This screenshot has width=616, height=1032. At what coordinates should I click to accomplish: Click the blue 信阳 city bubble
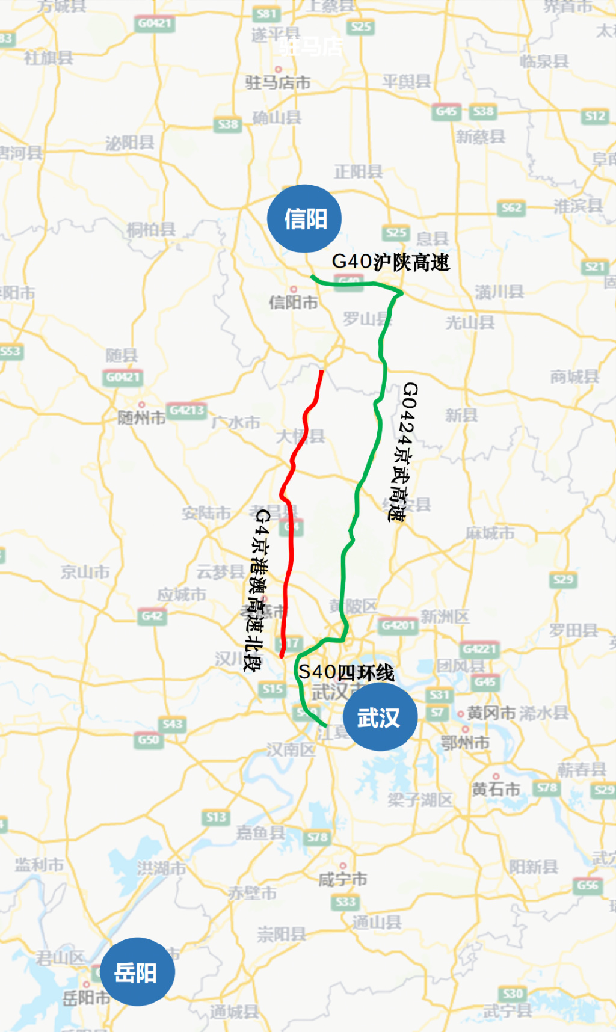point(305,219)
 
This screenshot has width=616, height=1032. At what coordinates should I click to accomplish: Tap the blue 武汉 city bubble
point(380,717)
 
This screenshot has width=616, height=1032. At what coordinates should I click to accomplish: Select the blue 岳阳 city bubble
point(137,972)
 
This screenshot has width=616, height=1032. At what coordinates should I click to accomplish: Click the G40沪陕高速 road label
point(390,262)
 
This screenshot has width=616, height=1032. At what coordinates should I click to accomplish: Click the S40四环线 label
point(346,672)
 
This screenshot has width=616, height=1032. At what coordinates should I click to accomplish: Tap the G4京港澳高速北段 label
point(258,589)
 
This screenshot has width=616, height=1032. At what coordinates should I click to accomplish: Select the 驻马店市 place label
point(277,82)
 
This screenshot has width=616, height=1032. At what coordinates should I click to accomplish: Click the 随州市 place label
point(141,417)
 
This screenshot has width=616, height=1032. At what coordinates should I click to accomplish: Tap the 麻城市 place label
point(490,533)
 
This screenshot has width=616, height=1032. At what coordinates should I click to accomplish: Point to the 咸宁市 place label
point(342,879)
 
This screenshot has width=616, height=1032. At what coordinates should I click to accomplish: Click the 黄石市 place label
point(496,789)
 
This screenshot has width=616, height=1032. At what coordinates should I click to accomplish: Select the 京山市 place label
point(85,572)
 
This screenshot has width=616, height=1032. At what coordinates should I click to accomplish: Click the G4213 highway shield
point(187,410)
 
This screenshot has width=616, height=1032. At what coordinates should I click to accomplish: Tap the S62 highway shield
point(511,208)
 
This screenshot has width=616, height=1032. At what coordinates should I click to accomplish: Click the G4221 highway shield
point(479,649)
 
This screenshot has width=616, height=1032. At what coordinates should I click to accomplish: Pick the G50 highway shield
point(149,739)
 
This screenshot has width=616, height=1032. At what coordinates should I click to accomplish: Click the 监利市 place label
point(40,865)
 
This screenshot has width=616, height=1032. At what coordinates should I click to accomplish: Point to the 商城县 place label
point(575,377)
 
